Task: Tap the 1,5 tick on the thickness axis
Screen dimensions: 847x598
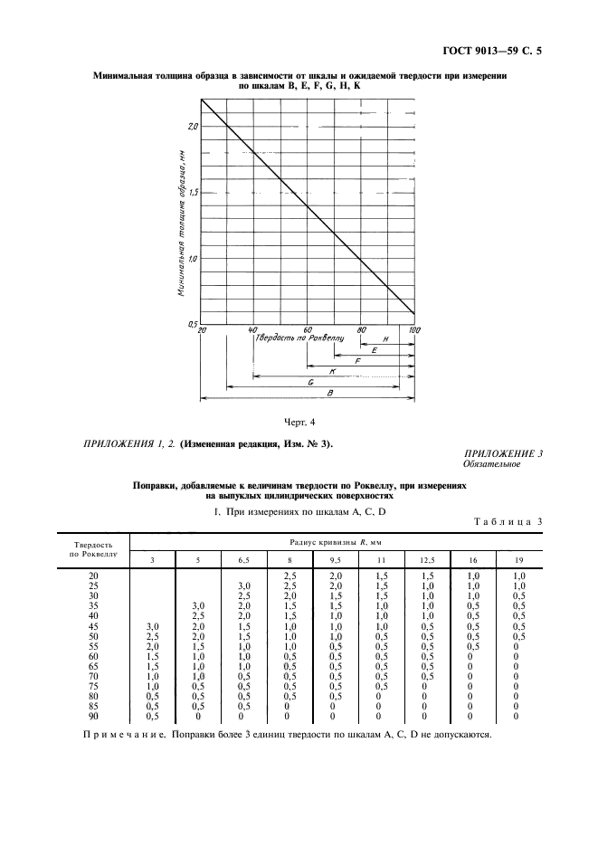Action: [193, 193]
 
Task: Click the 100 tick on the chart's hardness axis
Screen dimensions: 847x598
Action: [414, 330]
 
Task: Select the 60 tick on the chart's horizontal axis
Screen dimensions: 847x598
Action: [308, 330]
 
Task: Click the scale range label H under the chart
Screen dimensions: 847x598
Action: [386, 338]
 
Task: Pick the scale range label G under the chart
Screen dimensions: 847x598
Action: [310, 383]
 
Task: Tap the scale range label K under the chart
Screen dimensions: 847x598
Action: [333, 371]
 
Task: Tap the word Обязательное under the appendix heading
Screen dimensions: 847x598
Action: [492, 465]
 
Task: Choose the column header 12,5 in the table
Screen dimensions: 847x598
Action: [427, 561]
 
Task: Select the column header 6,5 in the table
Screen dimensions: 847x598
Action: [243, 561]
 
